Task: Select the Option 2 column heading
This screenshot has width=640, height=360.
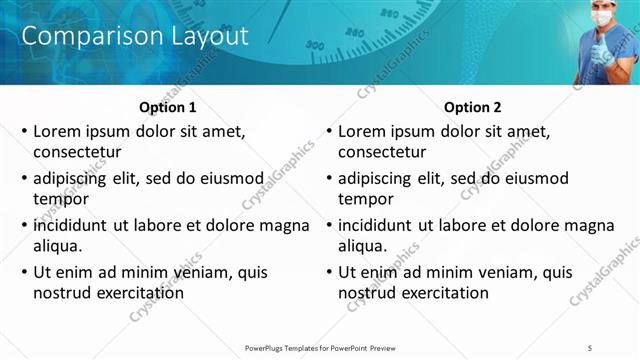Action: [x=473, y=107]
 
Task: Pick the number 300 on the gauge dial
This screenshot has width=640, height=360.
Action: [x=316, y=45]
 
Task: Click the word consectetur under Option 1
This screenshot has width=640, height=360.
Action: [x=77, y=153]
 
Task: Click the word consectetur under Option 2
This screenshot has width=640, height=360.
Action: [x=382, y=153]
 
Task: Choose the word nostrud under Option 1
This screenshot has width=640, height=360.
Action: [x=62, y=293]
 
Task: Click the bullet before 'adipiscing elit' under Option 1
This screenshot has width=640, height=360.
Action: [x=24, y=179]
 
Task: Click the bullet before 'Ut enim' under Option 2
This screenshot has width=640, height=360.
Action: [x=329, y=272]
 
